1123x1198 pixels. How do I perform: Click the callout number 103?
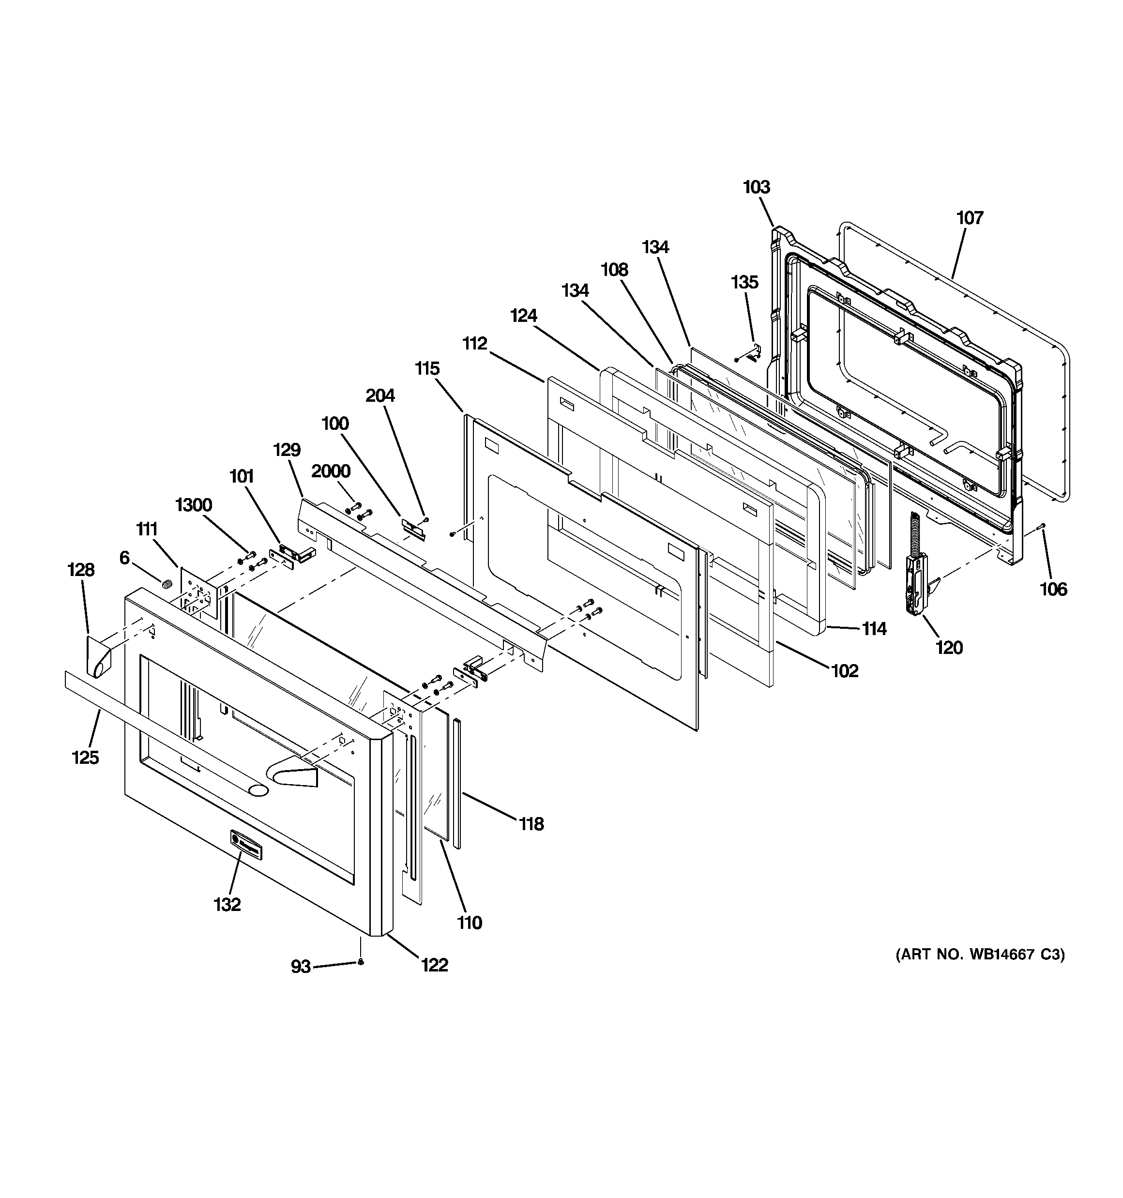756,187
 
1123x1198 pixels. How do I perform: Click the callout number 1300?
194,504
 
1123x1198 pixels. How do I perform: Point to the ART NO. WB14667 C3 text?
980,971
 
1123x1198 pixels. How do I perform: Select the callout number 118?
531,823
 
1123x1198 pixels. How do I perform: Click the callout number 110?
469,922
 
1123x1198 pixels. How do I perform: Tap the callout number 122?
434,965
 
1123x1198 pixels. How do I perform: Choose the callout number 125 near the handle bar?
85,757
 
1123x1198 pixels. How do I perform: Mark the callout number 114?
873,629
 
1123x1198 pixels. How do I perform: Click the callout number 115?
427,368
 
